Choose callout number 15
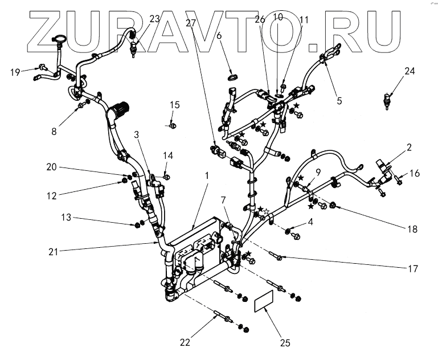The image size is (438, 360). (x=175, y=105)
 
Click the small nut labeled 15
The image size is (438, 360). (x=173, y=124)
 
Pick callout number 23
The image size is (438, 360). (x=154, y=19)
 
